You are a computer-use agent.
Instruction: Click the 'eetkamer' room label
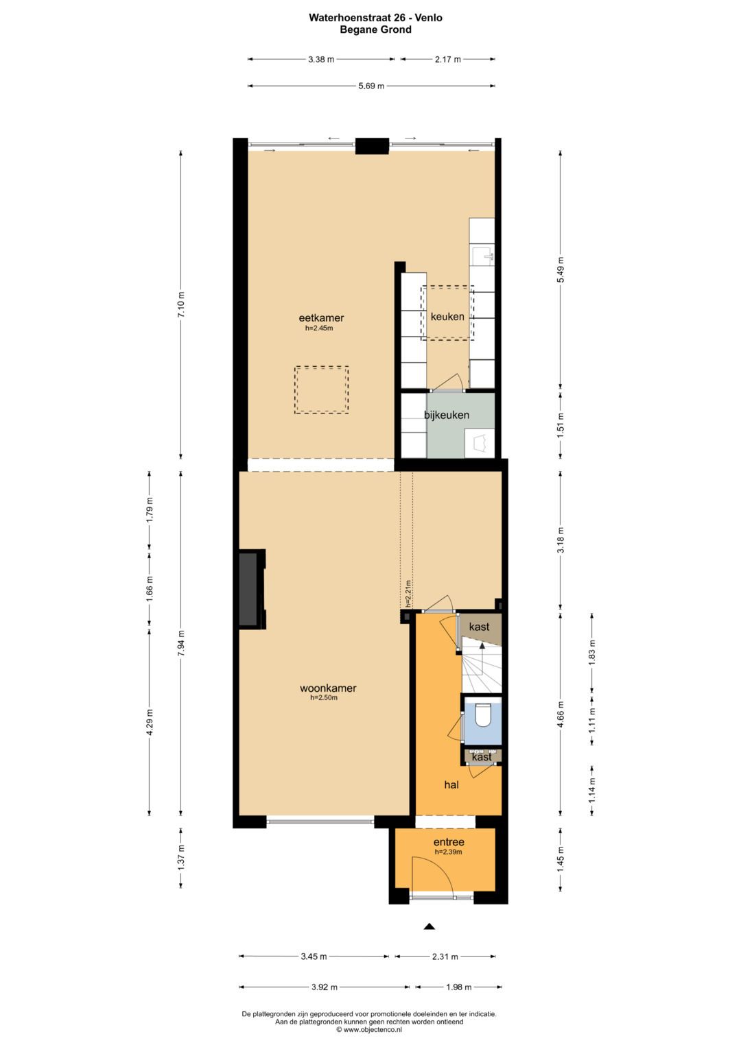coord(321,318)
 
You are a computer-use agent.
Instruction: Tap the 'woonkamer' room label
coord(328,688)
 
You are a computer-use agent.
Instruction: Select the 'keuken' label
coord(447,317)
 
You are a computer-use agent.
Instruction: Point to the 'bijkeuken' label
coord(446,415)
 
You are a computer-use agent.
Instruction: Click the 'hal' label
coord(451,785)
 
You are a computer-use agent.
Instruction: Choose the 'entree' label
coord(449,842)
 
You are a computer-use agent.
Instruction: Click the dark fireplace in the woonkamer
coord(248,589)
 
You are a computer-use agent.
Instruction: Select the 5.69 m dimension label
coord(371,86)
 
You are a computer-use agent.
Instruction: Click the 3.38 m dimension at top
coord(321,60)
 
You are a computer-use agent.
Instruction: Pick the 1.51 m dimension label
coord(561,423)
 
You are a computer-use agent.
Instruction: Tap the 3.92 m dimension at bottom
coord(324,987)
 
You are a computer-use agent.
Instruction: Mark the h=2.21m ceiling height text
coord(408,594)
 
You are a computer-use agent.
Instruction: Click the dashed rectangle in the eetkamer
coord(321,390)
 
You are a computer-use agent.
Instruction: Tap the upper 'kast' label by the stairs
coord(479,626)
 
